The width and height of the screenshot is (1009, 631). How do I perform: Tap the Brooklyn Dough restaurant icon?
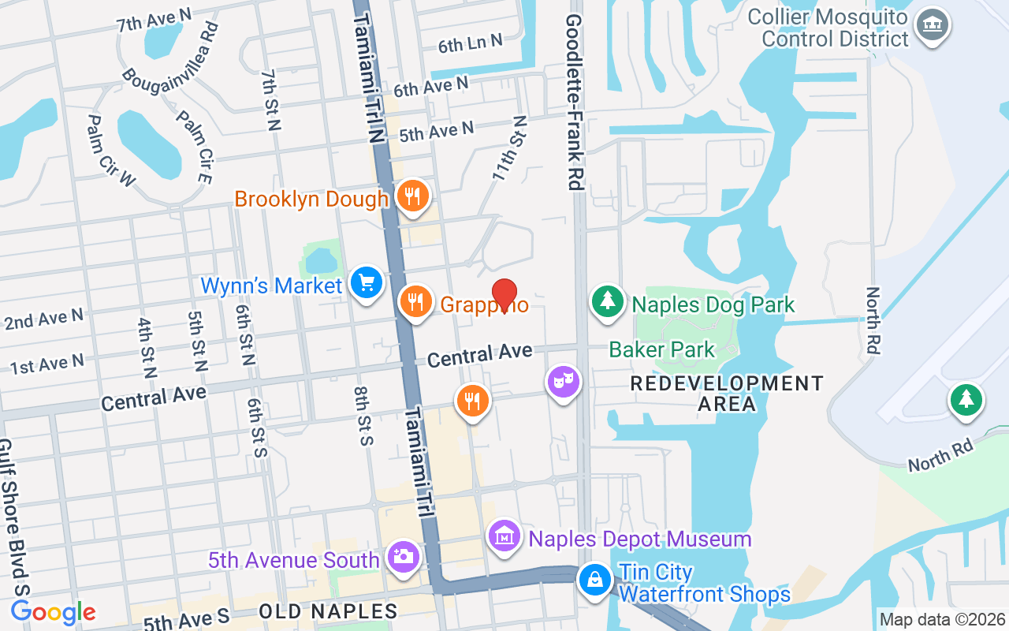tap(411, 196)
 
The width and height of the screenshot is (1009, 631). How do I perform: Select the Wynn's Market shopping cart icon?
tap(366, 282)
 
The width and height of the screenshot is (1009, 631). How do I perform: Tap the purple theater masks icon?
tap(564, 383)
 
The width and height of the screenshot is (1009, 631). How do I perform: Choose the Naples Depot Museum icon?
tap(504, 538)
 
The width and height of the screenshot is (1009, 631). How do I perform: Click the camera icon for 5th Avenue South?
tap(403, 557)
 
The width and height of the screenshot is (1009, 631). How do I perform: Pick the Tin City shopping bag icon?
tap(595, 581)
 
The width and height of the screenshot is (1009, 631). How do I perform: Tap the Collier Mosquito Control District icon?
tap(933, 26)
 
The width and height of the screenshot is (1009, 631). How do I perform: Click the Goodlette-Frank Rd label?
tap(574, 101)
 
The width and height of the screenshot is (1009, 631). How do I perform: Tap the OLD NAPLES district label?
tap(328, 611)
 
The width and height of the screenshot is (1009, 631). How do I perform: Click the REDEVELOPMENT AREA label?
tap(727, 394)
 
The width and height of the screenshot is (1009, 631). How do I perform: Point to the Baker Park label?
tap(661, 349)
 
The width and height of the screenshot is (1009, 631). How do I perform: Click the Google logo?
tap(54, 612)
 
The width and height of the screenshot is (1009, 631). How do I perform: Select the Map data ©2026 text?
tap(942, 620)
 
